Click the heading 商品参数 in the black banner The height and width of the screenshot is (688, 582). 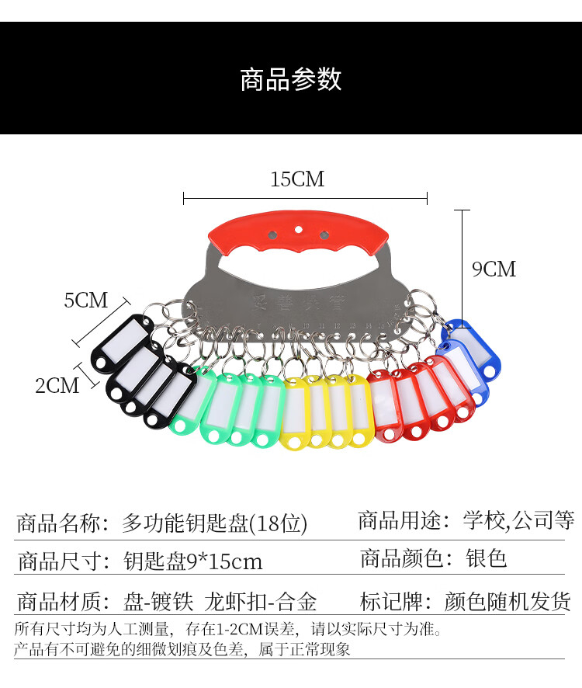coord(291,79)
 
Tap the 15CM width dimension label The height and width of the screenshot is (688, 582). coord(297,179)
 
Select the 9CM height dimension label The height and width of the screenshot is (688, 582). coord(494,269)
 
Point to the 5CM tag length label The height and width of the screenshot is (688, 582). coord(86,301)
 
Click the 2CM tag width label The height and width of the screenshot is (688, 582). coord(57,384)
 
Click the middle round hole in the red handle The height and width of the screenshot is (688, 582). coord(299,230)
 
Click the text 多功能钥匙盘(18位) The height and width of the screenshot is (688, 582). coord(215,523)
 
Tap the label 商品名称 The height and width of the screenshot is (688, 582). coord(61,523)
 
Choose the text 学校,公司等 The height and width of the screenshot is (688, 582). coord(518,519)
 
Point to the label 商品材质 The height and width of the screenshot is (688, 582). coord(61,601)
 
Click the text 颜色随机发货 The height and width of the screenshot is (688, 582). coord(508,601)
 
